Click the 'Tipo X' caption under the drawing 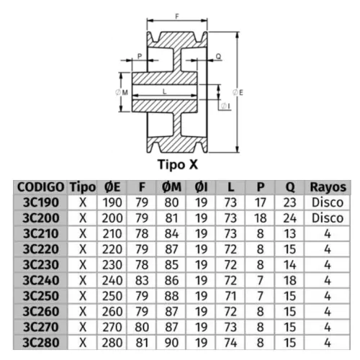178,165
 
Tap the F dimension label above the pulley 177,17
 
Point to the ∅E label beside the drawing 238,92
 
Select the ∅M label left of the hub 122,92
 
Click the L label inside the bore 165,91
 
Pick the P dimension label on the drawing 140,56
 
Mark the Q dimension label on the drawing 218,56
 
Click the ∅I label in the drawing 225,106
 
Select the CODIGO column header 41,187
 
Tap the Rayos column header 328,187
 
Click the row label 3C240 41,280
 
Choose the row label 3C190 41,202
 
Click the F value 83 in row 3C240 142,280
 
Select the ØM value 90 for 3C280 171,343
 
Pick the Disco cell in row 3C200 328,218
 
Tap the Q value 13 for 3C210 290,233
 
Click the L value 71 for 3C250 230,296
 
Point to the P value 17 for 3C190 261,202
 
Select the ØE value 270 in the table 112,327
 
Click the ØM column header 171,187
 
